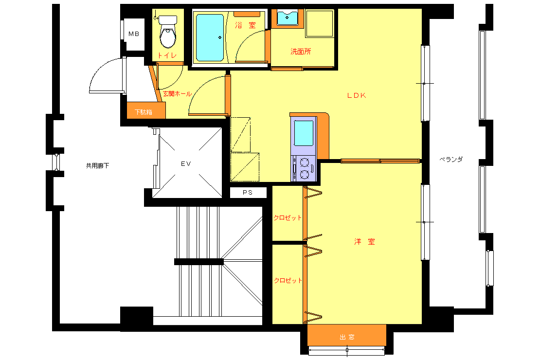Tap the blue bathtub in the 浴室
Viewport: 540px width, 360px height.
[x=210, y=37]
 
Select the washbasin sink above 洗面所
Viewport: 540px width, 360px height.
[x=287, y=18]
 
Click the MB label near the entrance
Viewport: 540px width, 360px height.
[x=134, y=34]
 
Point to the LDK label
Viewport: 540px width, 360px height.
[x=357, y=95]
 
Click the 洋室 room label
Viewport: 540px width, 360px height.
[x=364, y=241]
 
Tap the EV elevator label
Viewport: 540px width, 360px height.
[x=186, y=163]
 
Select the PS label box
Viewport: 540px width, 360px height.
[x=248, y=192]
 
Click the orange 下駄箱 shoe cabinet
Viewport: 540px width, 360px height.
[x=146, y=110]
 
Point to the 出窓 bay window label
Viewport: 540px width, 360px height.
[x=347, y=337]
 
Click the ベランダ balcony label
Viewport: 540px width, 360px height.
[x=451, y=159]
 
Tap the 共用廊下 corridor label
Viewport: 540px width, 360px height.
[x=97, y=166]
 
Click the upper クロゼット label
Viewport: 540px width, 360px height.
[x=288, y=218]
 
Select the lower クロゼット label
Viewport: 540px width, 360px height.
[x=288, y=280]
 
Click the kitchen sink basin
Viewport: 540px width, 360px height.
[x=304, y=133]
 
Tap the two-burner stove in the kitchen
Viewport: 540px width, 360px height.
[x=304, y=168]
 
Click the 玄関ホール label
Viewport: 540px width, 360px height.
[x=177, y=94]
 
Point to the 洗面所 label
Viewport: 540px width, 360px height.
[x=301, y=52]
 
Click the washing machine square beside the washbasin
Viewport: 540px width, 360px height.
[x=320, y=23]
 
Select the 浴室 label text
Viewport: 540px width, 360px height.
[x=246, y=25]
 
